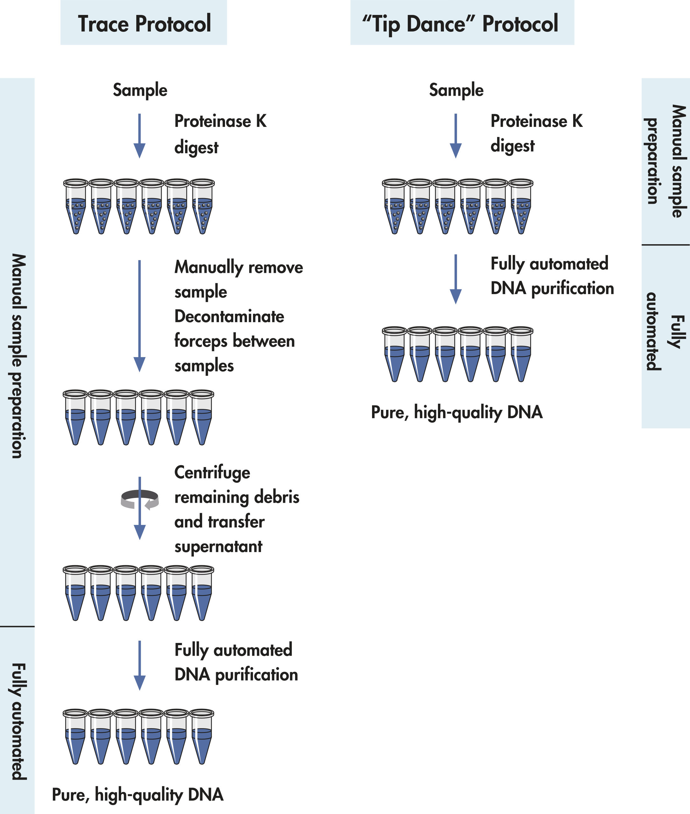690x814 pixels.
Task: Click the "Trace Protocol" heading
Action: click(144, 24)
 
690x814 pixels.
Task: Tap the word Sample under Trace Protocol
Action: click(140, 90)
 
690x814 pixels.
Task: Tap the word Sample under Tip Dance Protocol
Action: click(456, 90)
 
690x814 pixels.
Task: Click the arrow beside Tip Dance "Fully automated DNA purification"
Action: click(456, 279)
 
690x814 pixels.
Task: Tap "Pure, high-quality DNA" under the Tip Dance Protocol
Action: click(456, 413)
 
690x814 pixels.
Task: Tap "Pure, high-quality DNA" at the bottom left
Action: click(138, 795)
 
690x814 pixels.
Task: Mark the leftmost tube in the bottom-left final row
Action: click(75, 737)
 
